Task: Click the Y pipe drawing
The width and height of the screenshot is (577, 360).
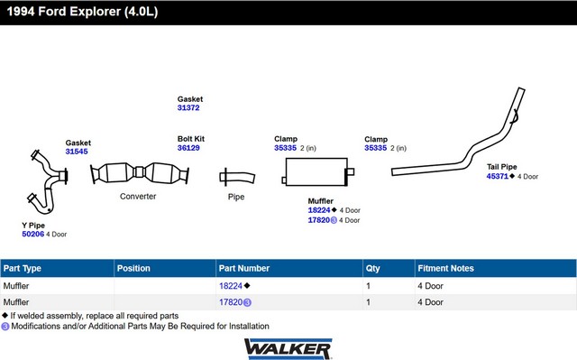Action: (x=50, y=180)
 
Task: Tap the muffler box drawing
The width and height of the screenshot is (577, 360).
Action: (x=316, y=172)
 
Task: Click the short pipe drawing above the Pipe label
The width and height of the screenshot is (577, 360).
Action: (x=237, y=178)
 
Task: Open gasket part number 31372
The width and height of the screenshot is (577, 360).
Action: (x=188, y=108)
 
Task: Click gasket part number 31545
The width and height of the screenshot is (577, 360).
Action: (x=77, y=152)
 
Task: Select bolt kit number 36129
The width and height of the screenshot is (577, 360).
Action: (x=188, y=148)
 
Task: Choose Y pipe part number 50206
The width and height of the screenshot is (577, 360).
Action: (x=33, y=234)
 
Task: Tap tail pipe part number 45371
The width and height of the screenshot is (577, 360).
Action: (x=498, y=176)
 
